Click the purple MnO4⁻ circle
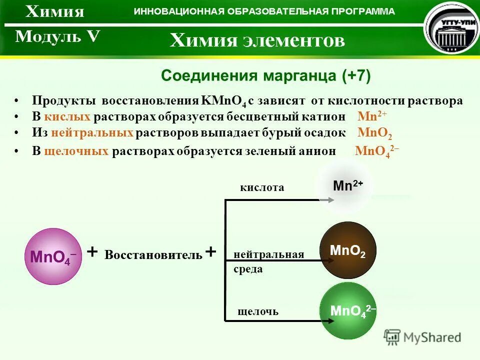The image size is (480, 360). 53,256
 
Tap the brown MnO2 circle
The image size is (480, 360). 347,250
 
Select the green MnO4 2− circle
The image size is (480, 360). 347,310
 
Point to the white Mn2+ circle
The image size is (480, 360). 344,186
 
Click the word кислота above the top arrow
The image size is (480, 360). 262,188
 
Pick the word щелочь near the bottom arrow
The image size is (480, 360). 258,312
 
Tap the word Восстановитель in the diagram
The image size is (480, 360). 153,255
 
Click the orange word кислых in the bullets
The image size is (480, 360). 67,117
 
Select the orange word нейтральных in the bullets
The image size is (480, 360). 99,133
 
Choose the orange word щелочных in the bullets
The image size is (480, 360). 76,151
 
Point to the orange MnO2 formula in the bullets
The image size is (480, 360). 375,133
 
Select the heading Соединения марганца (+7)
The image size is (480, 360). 265,76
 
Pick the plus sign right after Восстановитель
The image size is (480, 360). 210,251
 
